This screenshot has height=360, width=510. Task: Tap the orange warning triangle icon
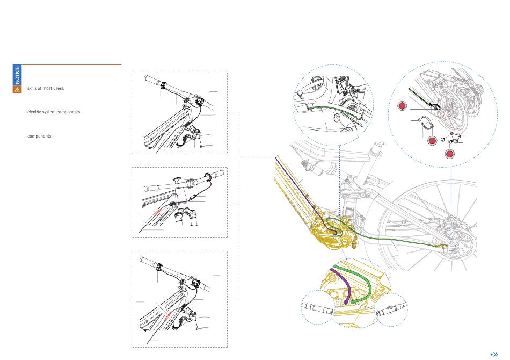(17, 90)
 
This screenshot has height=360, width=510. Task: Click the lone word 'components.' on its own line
(40, 136)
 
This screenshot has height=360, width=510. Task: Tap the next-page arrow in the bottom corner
(494, 355)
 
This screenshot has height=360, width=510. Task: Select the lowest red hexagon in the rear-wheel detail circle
(451, 154)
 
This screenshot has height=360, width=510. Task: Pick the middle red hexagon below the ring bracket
(432, 141)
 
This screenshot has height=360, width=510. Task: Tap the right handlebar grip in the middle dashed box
(216, 175)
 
